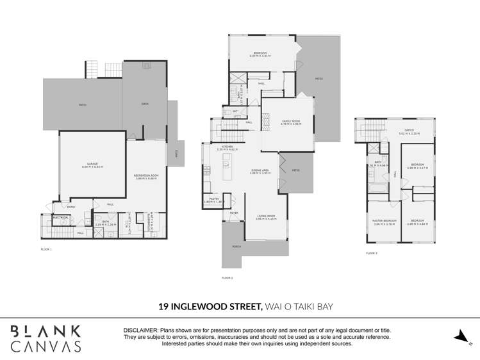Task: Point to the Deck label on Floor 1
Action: coord(145,104)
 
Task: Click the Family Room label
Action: coord(292,122)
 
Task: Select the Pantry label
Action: coord(211,200)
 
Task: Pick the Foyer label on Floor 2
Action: coord(234,212)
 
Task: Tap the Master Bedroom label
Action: coord(385,222)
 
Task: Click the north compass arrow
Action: coord(461,336)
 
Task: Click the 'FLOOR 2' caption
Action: coord(227,278)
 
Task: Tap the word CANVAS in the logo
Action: coord(46,346)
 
